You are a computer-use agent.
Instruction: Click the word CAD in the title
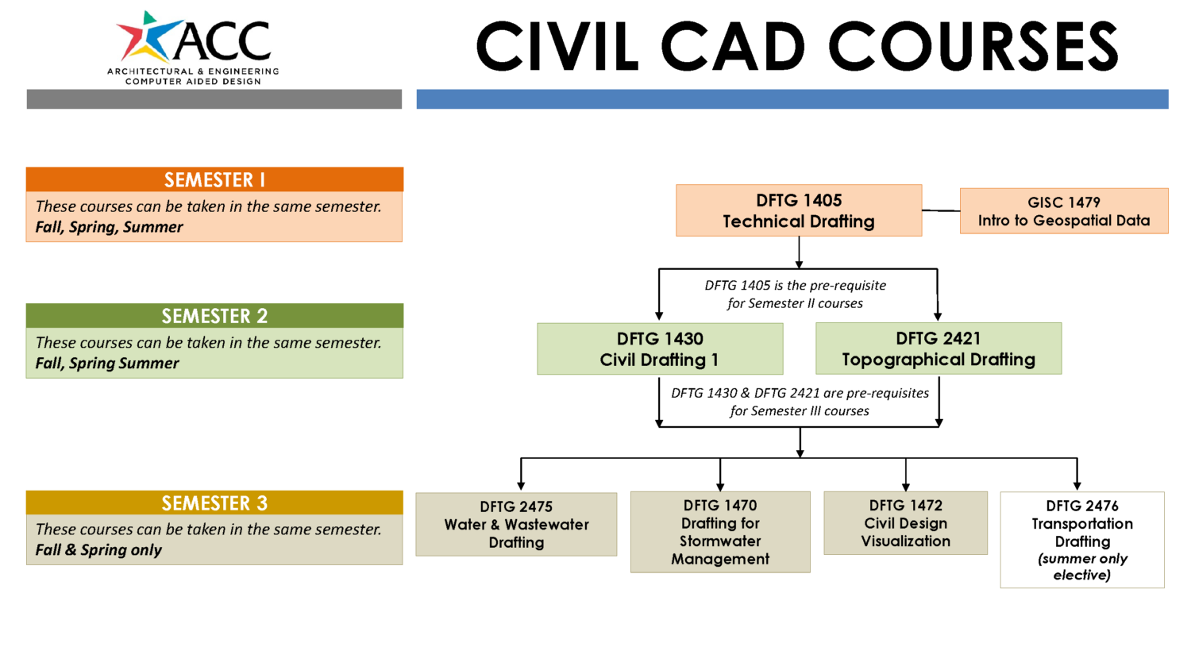[732, 47]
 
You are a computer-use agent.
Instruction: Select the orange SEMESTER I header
[214, 179]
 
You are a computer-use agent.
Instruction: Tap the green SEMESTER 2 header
[214, 316]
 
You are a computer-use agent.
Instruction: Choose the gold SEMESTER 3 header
[214, 503]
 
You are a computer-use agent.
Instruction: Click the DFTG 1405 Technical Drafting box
[798, 211]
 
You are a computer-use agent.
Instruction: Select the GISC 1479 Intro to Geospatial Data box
[1063, 211]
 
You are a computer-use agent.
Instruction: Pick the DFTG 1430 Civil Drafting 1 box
[659, 349]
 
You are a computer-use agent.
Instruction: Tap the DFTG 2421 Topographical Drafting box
[938, 349]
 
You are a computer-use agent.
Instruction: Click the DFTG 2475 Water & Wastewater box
[516, 525]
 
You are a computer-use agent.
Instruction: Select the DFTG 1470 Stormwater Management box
[720, 532]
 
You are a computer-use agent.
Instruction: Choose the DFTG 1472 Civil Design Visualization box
[905, 523]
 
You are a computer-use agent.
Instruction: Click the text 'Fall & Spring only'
[98, 550]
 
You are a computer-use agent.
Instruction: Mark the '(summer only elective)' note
[1082, 567]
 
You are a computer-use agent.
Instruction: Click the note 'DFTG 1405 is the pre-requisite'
[795, 286]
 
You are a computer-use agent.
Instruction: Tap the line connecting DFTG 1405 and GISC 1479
[941, 210]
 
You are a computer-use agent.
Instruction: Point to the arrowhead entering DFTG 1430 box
[659, 316]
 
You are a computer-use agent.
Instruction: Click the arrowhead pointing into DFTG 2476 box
[1077, 485]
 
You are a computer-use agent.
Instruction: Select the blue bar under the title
[792, 99]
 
